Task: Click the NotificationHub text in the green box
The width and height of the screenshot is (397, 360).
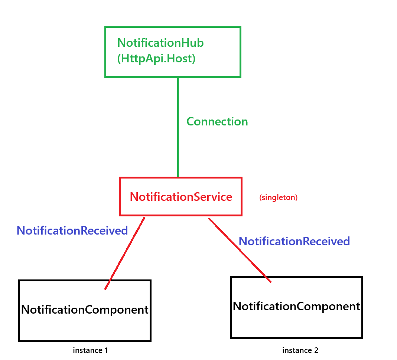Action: (x=160, y=43)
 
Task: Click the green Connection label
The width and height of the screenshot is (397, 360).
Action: (x=217, y=122)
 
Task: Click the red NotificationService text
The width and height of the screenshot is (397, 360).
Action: (x=181, y=197)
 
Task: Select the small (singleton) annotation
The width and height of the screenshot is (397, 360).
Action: (x=278, y=197)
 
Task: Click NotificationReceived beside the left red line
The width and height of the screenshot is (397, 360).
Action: (x=72, y=230)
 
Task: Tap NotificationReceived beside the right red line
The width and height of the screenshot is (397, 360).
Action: (x=294, y=241)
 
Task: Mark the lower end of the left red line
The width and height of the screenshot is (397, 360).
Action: (x=105, y=289)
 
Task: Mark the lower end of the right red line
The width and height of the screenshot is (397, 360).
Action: (x=271, y=282)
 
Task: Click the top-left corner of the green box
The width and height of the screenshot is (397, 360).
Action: (x=105, y=27)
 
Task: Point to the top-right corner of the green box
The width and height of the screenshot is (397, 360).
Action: (x=240, y=27)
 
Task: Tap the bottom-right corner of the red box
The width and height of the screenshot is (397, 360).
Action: (x=241, y=215)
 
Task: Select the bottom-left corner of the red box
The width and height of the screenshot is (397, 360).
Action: (x=120, y=215)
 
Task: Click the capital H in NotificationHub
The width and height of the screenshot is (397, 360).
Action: (x=184, y=43)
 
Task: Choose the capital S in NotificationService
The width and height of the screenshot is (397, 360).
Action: (x=201, y=197)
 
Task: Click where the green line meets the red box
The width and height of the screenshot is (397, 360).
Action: (x=178, y=177)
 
